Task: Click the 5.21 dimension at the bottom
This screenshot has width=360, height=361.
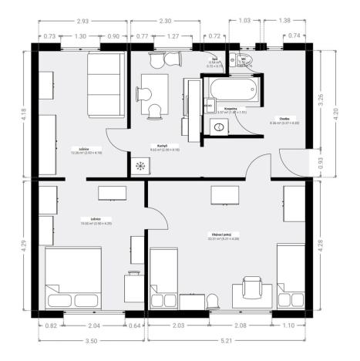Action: coord(230,340)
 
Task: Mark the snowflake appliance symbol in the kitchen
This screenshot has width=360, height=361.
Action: coord(140,167)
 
